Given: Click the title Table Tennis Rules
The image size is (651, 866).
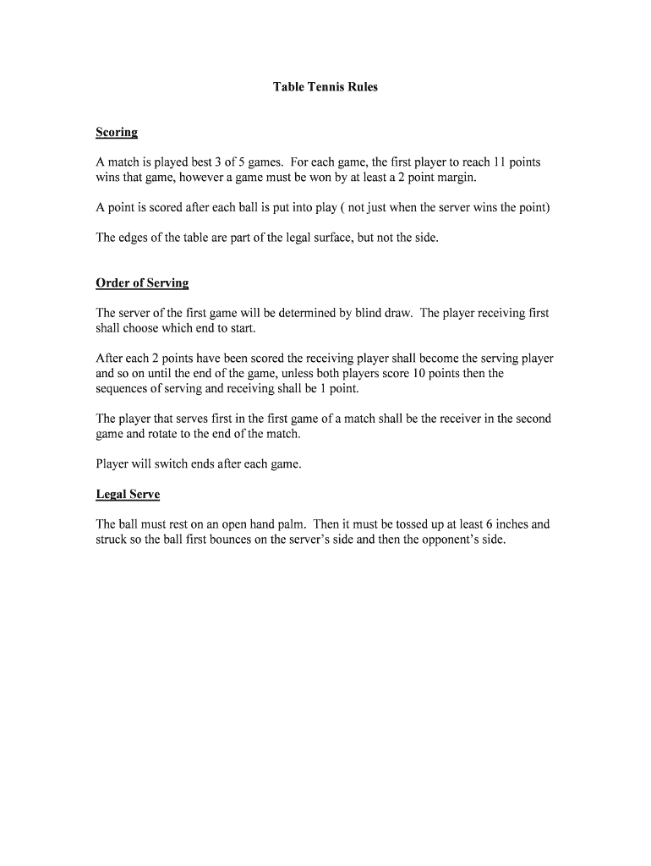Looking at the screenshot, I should tap(325, 87).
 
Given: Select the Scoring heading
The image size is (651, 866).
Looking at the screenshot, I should tap(117, 133).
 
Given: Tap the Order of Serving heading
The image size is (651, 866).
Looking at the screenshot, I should tap(142, 283).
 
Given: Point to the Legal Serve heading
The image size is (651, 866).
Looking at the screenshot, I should tap(128, 494).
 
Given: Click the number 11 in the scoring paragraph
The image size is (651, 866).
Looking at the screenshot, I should tap(504, 162).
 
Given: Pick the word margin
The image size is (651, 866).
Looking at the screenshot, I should tap(457, 178).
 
